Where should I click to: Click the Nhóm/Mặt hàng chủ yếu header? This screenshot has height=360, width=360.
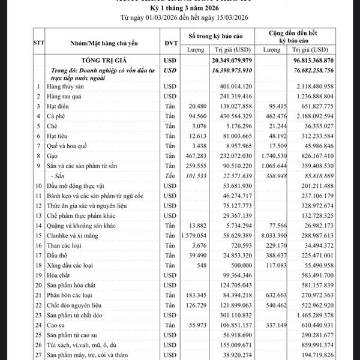(x=99, y=43)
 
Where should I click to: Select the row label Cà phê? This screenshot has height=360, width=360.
(x=58, y=116)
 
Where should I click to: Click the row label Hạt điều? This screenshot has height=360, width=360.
(x=59, y=106)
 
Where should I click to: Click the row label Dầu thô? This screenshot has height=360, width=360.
(x=59, y=255)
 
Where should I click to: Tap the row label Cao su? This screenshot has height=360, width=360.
(x=58, y=325)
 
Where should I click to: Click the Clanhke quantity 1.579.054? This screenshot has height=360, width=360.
(x=193, y=235)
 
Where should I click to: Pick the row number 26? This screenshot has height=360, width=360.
(x=38, y=344)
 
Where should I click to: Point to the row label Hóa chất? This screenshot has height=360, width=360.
(x=59, y=275)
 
